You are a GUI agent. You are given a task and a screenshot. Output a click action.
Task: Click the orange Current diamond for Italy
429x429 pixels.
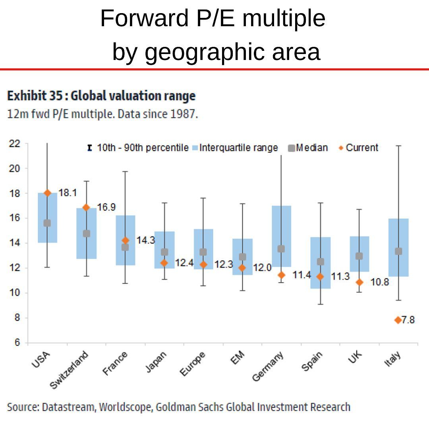click(398, 320)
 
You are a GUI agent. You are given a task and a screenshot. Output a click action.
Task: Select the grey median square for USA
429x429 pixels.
click(47, 223)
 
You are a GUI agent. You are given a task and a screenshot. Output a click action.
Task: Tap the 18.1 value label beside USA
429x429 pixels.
click(68, 193)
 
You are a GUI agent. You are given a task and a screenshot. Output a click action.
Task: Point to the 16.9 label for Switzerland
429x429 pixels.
click(106, 207)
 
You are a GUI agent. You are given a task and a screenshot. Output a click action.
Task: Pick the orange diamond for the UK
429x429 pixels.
click(359, 282)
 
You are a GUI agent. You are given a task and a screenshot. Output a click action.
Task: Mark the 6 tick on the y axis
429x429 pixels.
click(17, 343)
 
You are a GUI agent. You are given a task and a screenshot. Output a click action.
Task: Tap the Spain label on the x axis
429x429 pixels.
click(312, 362)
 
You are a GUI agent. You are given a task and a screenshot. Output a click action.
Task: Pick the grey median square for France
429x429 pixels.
click(125, 247)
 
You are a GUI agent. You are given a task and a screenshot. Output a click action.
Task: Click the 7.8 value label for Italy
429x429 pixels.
click(408, 320)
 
